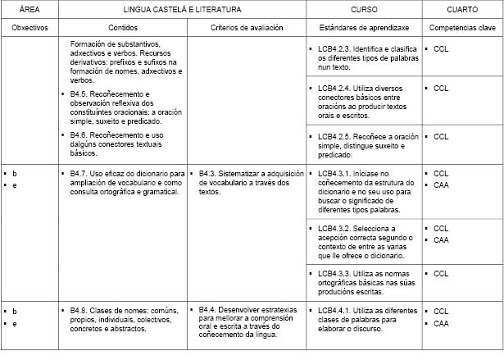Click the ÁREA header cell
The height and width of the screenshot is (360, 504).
[30, 9]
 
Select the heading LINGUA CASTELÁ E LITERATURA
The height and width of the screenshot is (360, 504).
[181, 9]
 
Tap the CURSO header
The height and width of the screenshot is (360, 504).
[364, 9]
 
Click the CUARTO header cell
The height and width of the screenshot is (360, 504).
[462, 9]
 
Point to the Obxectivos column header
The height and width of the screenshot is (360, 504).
[30, 27]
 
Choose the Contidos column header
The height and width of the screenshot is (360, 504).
[123, 27]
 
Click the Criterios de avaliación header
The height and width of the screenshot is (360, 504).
[247, 27]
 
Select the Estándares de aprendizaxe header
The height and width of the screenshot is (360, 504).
[364, 27]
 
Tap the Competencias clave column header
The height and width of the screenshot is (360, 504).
[462, 27]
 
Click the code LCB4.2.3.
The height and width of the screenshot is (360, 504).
[335, 49]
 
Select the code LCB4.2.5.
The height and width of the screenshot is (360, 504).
[335, 136]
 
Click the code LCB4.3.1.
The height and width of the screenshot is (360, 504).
[335, 174]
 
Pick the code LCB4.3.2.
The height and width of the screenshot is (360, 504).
[335, 228]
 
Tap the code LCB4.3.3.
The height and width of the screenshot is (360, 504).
[335, 272]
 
